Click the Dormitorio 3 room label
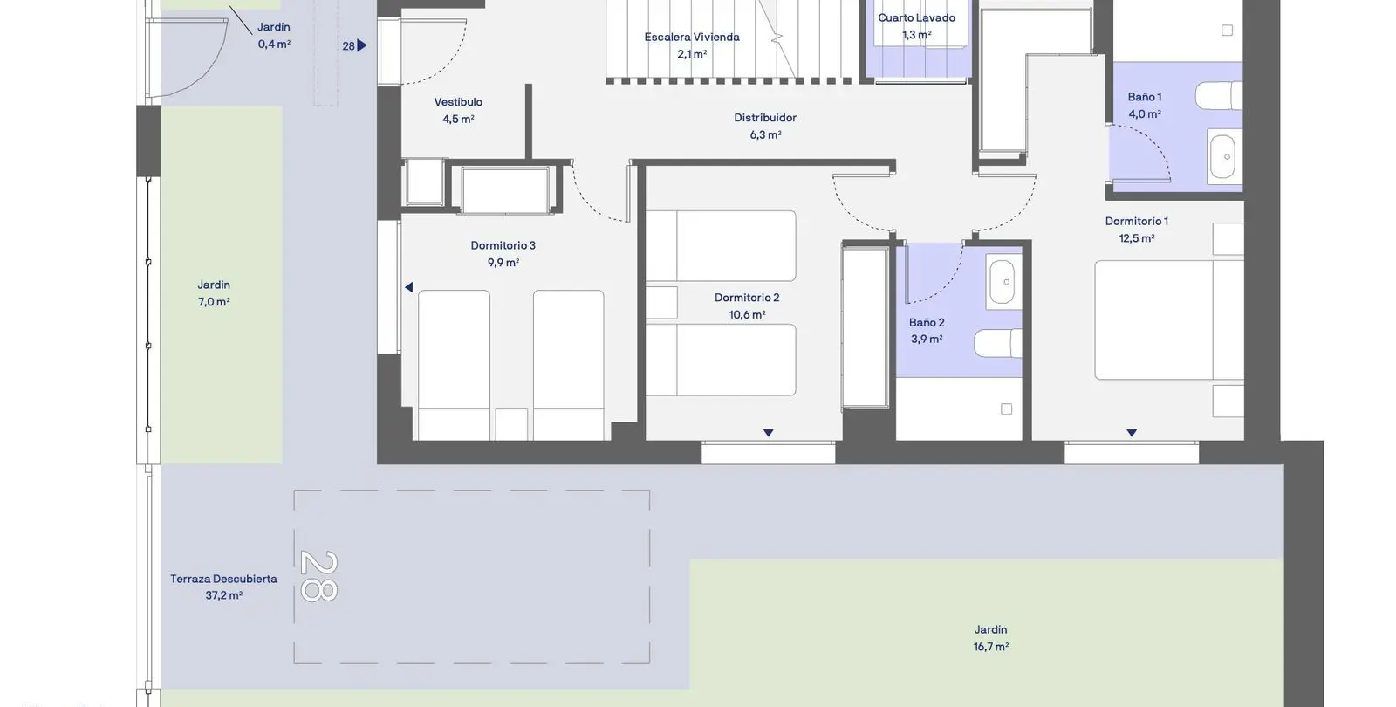[503, 245]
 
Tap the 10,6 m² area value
[747, 315]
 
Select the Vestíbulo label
[458, 101]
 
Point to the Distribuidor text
[764, 117]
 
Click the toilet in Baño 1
[1218, 96]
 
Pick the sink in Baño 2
[1003, 281]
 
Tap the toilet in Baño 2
[998, 343]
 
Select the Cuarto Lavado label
[916, 17]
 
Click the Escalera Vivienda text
[692, 37]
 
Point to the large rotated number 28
[319, 576]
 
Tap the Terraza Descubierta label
[223, 579]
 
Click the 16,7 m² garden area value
[991, 647]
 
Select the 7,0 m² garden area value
[214, 302]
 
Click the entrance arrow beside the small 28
[362, 45]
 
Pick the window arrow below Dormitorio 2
[769, 433]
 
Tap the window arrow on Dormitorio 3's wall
[409, 287]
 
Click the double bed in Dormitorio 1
[1169, 319]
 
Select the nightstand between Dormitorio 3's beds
[511, 424]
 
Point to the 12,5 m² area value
[1137, 238]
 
